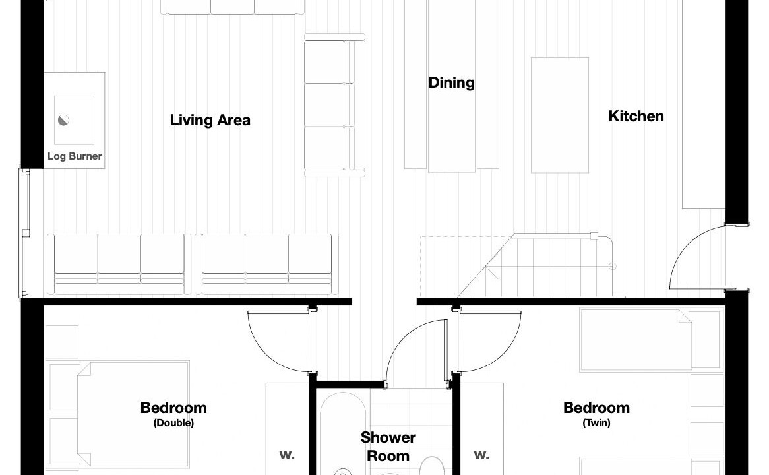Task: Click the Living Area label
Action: (x=210, y=120)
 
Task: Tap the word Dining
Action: (x=451, y=82)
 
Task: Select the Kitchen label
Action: (x=636, y=116)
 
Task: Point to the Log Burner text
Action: (x=75, y=156)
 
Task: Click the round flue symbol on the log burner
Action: (x=64, y=120)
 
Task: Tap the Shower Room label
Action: (x=388, y=447)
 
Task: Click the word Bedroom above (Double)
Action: (x=173, y=408)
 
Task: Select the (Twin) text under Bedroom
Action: (x=596, y=422)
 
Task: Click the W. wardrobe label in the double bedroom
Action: (x=287, y=455)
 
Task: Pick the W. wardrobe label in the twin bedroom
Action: (x=481, y=455)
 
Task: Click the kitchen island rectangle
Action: (x=559, y=115)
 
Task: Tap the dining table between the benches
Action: (x=451, y=86)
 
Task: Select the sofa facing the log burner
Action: (x=334, y=105)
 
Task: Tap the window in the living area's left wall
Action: (x=24, y=233)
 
